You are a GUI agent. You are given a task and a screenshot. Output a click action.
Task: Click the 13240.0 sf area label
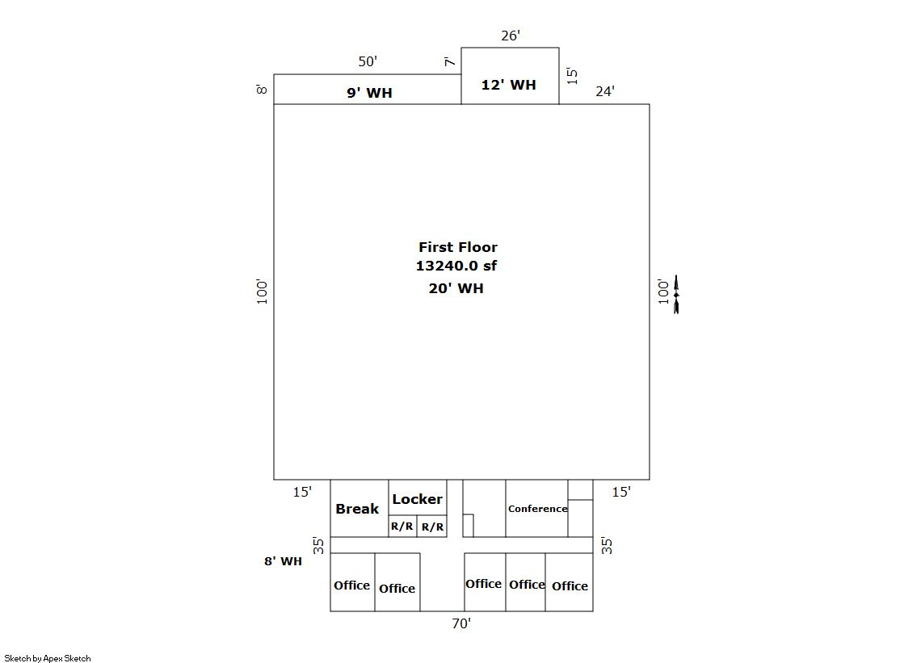456,266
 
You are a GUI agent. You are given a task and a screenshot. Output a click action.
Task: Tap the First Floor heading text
458,247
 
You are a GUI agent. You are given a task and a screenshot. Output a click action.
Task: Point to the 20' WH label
456,288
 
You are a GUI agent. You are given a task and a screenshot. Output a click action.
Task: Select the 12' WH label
508,85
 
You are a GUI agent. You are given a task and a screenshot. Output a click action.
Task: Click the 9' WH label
369,93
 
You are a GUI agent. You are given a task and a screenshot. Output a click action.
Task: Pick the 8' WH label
283,561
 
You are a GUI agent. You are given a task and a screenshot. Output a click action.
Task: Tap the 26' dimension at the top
511,36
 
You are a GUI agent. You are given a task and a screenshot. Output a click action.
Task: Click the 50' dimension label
368,61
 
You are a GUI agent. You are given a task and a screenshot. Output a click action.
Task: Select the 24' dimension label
605,91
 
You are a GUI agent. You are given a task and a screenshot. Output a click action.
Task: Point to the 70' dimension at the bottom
461,623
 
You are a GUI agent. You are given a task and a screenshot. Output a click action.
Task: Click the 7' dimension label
450,61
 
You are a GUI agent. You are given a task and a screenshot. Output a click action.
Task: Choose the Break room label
357,509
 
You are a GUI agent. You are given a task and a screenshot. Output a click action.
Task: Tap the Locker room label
418,499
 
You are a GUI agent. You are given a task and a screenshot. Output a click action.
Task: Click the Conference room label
538,509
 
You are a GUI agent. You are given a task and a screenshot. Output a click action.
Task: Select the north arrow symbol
676,294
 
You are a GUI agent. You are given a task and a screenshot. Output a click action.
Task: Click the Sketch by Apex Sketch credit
48,658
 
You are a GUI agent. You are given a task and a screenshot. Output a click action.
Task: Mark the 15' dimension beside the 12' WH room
572,76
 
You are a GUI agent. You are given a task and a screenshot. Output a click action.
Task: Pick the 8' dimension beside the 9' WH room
262,90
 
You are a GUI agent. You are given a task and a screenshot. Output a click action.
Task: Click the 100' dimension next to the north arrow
663,292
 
